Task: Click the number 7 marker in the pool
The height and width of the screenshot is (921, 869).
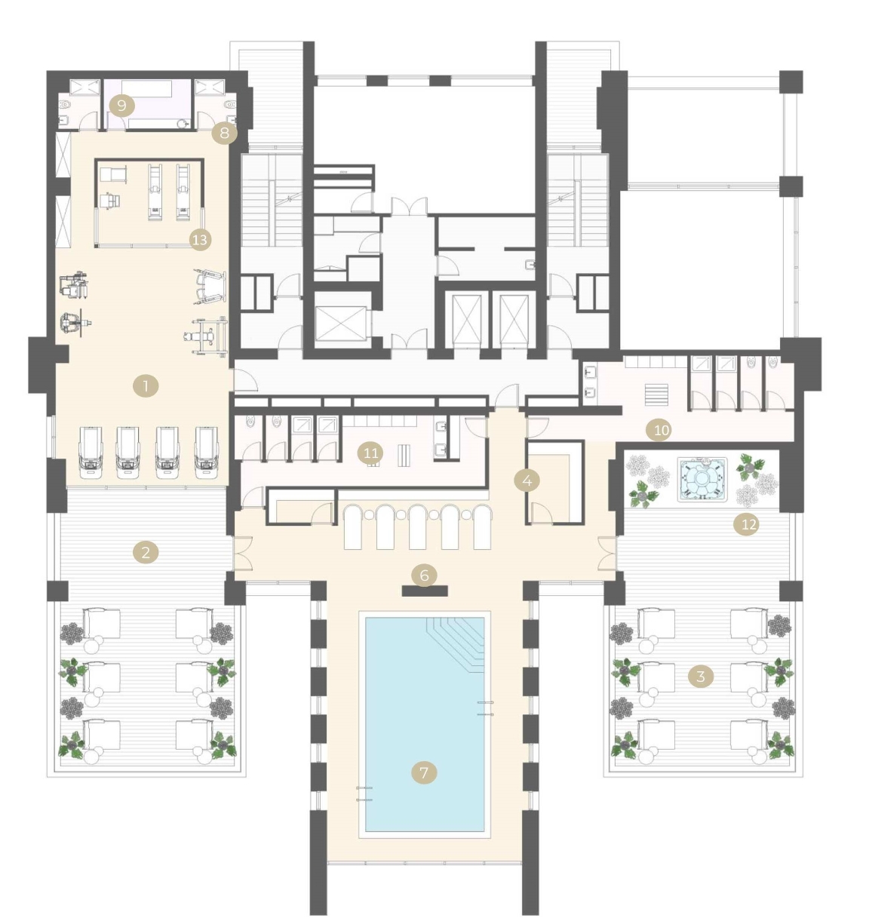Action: click(424, 772)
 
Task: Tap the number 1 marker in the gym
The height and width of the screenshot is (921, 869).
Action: click(146, 386)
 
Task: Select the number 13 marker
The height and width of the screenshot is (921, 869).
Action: click(200, 240)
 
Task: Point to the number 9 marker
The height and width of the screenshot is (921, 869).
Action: click(122, 106)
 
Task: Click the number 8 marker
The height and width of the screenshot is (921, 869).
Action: click(225, 133)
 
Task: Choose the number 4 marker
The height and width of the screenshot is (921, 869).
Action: click(527, 481)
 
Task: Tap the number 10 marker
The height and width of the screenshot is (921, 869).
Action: click(661, 431)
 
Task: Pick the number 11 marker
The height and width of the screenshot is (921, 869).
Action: click(370, 453)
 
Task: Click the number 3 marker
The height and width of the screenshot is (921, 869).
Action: click(701, 676)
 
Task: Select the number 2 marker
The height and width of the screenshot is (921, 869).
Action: click(146, 552)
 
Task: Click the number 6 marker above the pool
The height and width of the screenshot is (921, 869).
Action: click(424, 576)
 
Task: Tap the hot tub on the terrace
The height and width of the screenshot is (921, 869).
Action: click(702, 480)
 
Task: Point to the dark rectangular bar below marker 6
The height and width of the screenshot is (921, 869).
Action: click(425, 591)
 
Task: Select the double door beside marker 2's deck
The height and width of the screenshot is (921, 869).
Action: click(243, 553)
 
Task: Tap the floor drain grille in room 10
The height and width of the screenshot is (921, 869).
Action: click(656, 394)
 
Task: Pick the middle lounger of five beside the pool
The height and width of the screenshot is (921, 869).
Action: click(417, 527)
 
